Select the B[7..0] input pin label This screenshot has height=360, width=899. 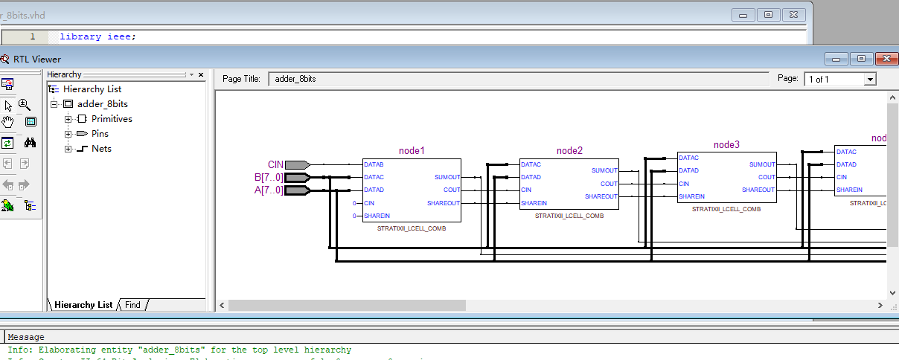[x=268, y=177]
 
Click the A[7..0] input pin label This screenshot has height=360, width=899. [x=268, y=190]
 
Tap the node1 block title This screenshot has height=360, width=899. [x=412, y=151]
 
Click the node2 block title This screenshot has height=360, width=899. [x=569, y=151]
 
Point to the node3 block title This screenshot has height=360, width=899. [x=726, y=145]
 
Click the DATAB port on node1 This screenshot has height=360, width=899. [x=374, y=164]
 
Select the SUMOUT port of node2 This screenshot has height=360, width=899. [x=604, y=170]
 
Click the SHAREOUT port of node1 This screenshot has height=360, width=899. [x=444, y=203]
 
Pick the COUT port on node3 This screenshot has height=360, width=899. [x=767, y=177]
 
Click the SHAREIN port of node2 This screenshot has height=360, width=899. [x=534, y=203]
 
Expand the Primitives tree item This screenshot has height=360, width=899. [x=68, y=119]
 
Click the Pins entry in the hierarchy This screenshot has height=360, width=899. [x=100, y=134]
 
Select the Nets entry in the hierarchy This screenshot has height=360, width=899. [x=101, y=149]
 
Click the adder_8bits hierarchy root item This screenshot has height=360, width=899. [x=102, y=104]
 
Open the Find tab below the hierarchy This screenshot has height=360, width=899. [x=132, y=305]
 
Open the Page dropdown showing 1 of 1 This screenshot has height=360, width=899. [x=869, y=79]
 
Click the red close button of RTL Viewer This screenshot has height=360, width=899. [x=886, y=59]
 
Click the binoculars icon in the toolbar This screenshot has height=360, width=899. [x=30, y=143]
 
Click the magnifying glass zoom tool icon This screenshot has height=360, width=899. [x=25, y=105]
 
